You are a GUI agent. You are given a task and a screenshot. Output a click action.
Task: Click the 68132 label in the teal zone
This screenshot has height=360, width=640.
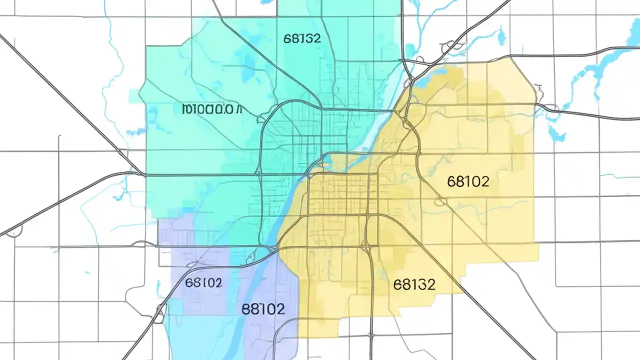302,38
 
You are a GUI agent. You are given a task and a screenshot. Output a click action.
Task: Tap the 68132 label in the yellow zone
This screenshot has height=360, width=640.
414,284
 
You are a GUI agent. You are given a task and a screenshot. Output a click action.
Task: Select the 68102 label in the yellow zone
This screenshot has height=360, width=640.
468,181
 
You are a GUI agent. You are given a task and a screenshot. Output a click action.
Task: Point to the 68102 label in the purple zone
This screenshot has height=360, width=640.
203,282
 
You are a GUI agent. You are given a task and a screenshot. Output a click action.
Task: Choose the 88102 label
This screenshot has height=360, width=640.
263,308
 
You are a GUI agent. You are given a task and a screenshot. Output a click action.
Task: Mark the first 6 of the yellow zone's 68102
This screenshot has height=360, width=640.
451,181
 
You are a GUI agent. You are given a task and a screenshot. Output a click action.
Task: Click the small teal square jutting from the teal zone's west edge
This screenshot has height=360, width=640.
134,96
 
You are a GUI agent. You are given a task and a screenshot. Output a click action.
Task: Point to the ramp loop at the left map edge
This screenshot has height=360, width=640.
15,230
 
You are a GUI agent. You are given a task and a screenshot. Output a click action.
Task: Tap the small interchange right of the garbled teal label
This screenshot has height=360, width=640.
260,118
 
